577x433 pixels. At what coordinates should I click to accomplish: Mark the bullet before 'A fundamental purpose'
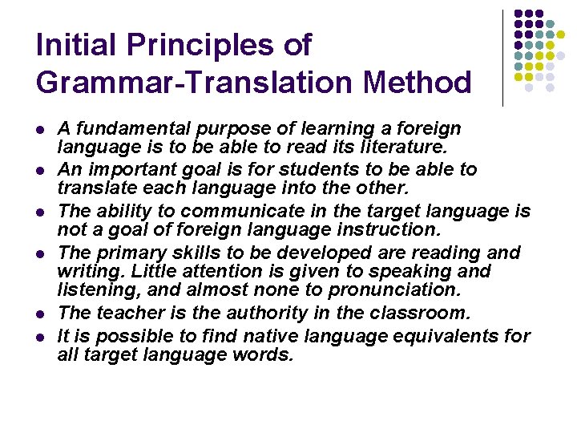coord(40,129)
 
